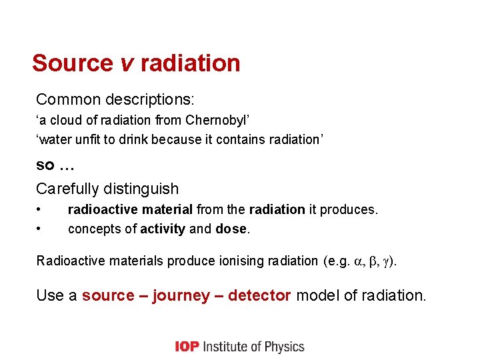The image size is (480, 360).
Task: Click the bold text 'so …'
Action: tap(55, 164)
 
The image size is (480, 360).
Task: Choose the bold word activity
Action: tap(163, 229)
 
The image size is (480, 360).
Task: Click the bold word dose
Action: tap(231, 229)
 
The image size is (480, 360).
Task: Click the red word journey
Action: tap(181, 295)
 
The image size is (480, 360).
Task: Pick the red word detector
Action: tap(259, 295)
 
